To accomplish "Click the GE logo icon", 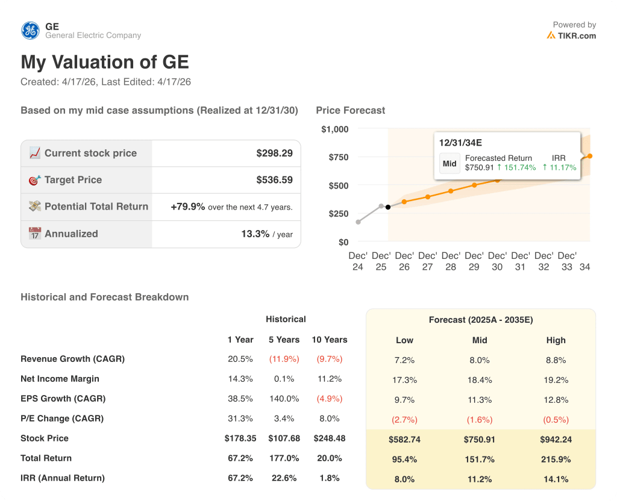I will coord(30,30).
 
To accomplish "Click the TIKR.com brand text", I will coord(577,36).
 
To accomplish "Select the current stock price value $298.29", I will coord(274,153).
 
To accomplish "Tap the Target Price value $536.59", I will coord(274,179).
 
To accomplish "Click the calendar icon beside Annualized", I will coord(35,234).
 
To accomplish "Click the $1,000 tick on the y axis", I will coord(335,129).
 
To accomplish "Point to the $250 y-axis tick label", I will coord(338,214).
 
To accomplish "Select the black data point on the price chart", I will coord(388,207).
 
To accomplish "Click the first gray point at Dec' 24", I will coord(359,222).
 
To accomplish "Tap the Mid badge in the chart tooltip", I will coord(449,163).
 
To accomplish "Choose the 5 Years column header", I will coord(284,340).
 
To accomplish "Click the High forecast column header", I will coord(556,340).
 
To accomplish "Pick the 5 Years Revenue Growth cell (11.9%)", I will coord(284,359).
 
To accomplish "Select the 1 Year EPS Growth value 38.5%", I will coord(240,399).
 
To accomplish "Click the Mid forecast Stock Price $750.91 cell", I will coord(480,440).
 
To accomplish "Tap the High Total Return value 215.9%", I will coord(556,459).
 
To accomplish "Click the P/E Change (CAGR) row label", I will coord(62,419).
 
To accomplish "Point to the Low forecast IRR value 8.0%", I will coord(404,479).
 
